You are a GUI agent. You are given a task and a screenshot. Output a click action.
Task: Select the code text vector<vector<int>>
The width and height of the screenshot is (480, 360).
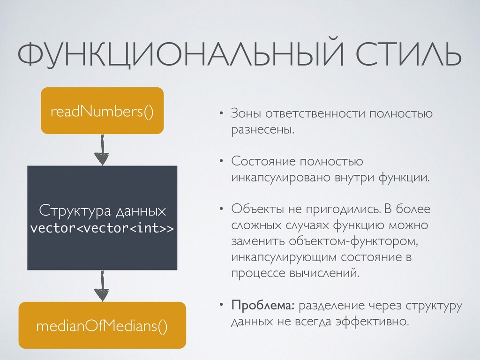coord(102,228)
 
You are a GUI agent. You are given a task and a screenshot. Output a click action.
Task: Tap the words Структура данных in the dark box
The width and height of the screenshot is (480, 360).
coord(102,210)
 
